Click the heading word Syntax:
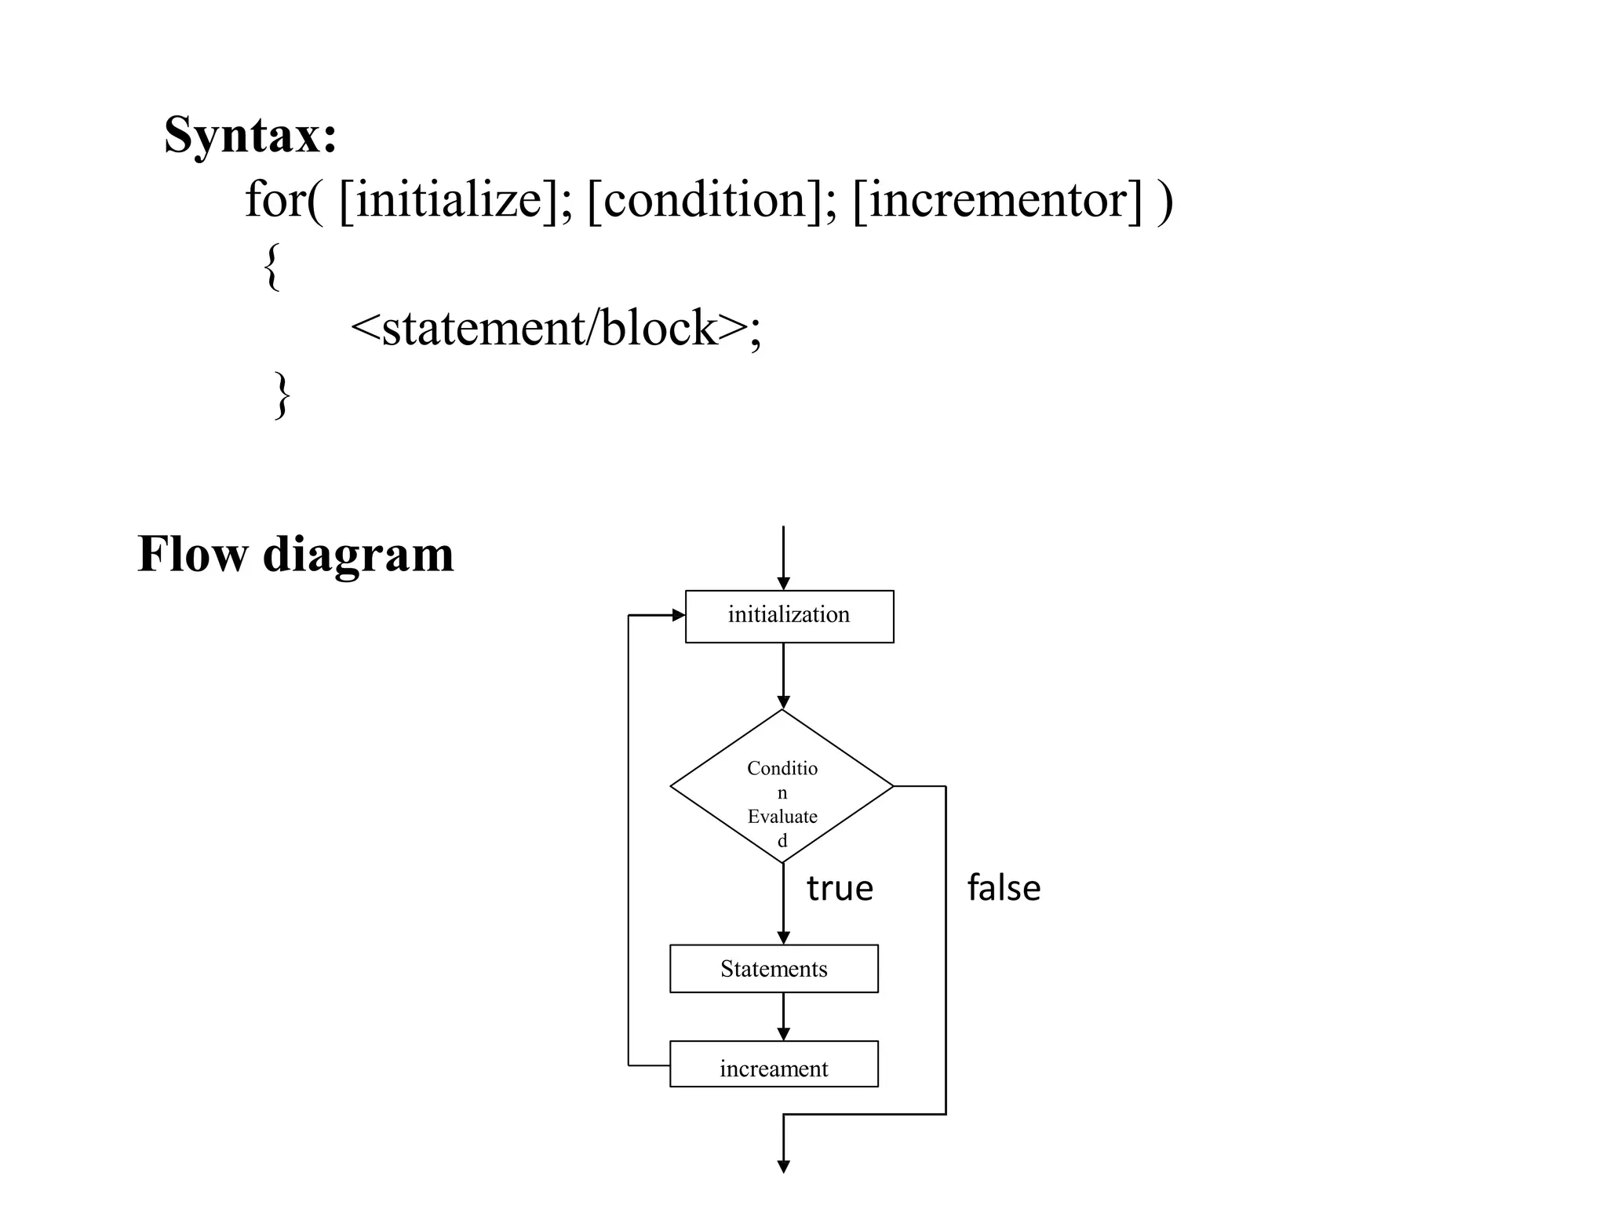click(x=250, y=135)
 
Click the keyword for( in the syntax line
click(x=282, y=200)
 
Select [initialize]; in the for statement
click(x=455, y=200)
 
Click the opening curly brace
click(x=271, y=267)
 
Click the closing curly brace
click(x=282, y=395)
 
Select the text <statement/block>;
click(x=555, y=328)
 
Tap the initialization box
click(x=789, y=616)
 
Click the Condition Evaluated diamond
click(x=782, y=786)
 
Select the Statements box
click(x=774, y=969)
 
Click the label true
click(x=840, y=888)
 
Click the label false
click(x=1004, y=888)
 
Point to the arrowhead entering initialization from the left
click(x=679, y=616)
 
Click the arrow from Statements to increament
click(x=783, y=1017)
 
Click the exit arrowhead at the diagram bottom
click(x=783, y=1167)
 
